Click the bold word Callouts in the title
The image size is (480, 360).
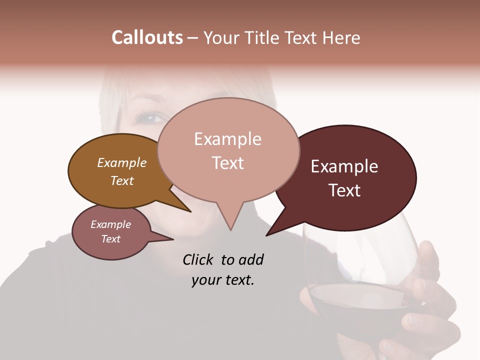(147, 37)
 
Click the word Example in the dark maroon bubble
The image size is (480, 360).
(344, 166)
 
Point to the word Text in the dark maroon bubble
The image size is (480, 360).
(345, 190)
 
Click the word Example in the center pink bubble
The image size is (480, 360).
(227, 139)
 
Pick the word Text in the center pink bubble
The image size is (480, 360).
(227, 163)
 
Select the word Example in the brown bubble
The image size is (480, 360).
(121, 162)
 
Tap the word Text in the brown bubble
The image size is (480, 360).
(121, 180)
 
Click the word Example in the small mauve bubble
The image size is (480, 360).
(110, 224)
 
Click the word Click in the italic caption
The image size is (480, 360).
(198, 259)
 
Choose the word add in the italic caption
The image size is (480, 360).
(251, 259)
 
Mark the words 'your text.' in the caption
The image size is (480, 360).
(222, 280)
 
